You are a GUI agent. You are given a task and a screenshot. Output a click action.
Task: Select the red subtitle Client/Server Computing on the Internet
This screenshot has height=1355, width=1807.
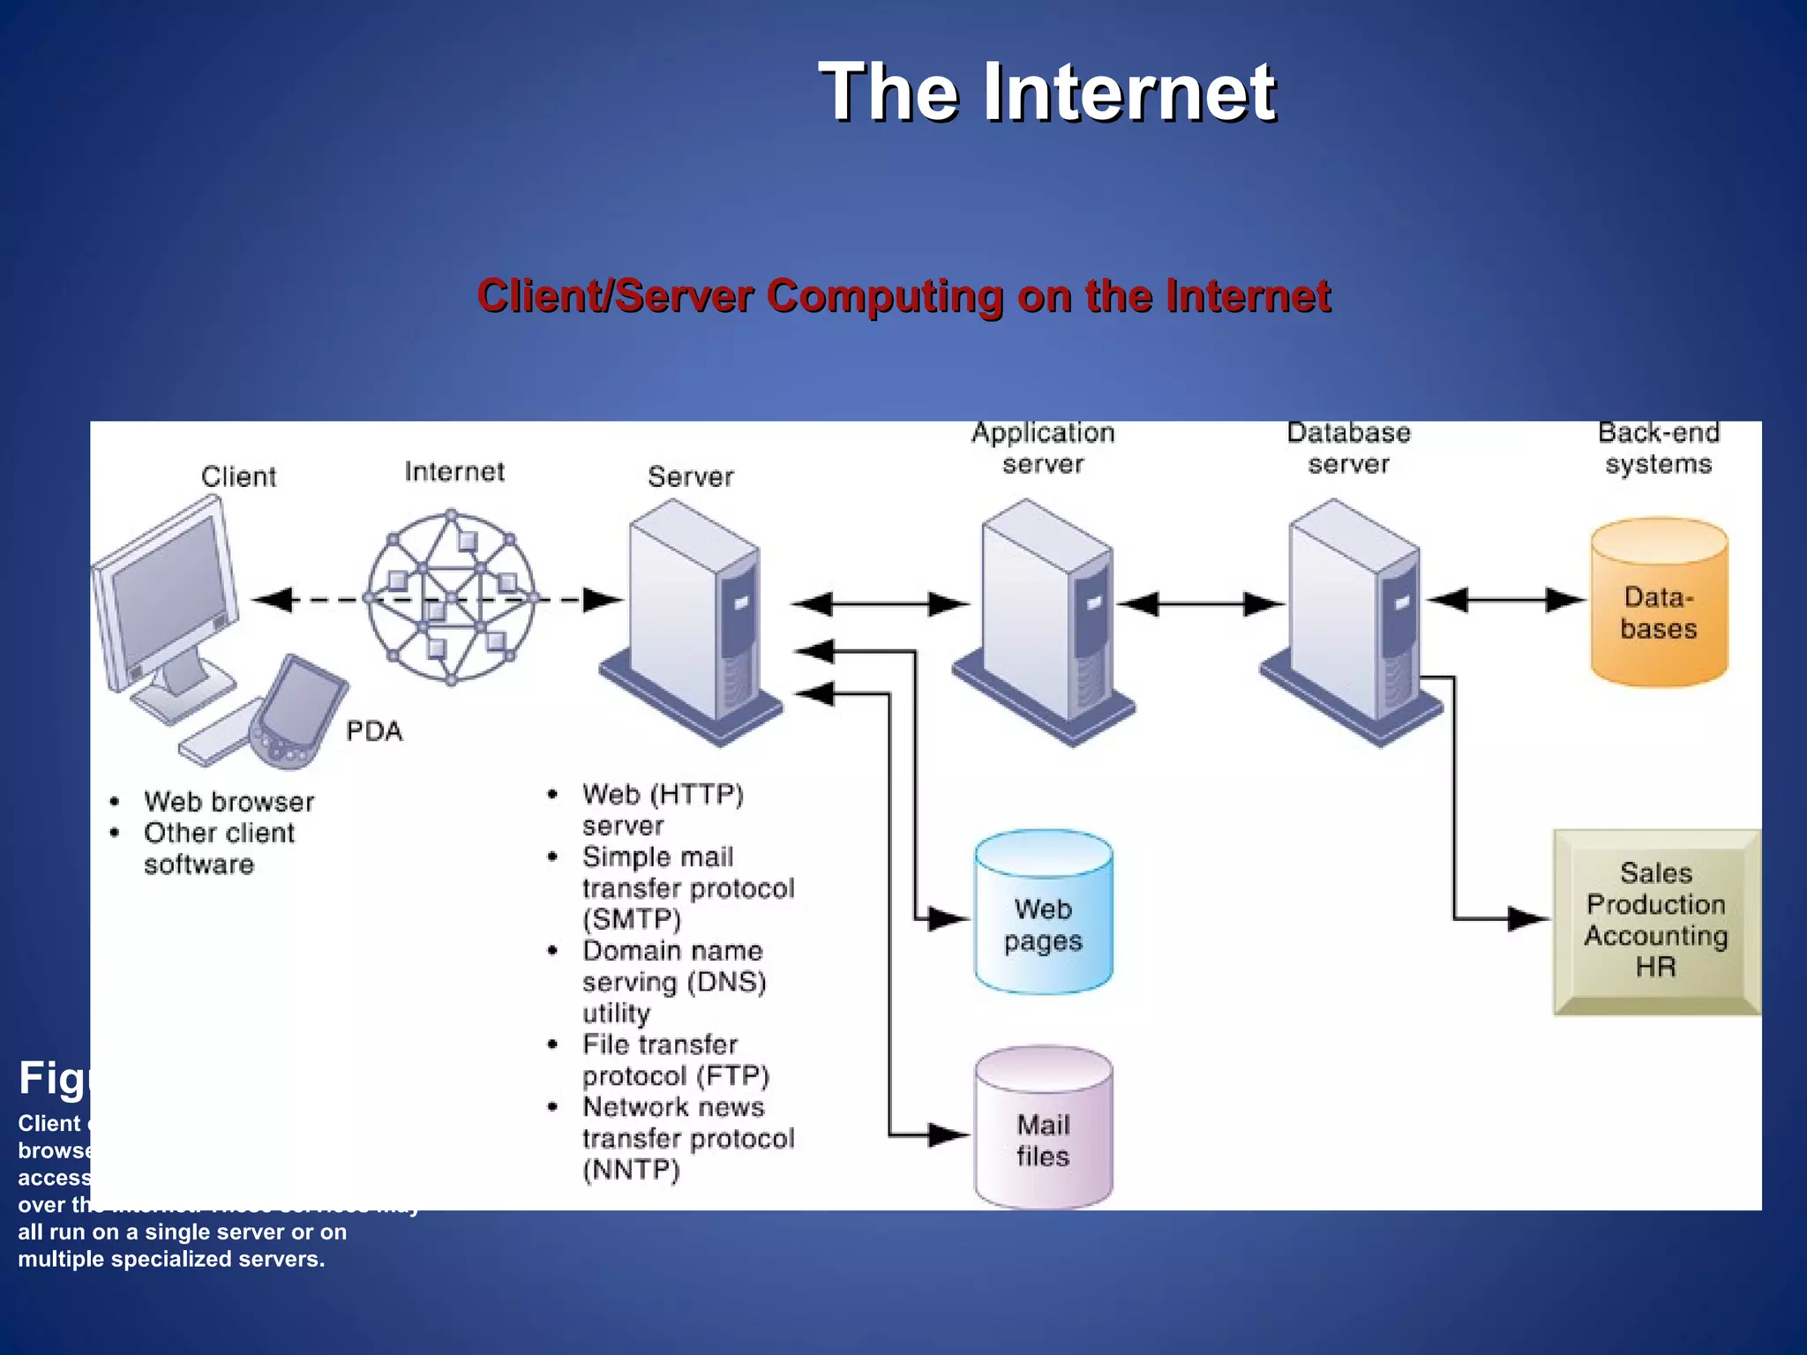903,296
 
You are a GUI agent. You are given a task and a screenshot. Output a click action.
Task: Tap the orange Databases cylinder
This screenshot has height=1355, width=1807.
1658,609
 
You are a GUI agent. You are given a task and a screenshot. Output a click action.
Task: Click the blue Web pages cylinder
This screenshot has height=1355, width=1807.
1043,917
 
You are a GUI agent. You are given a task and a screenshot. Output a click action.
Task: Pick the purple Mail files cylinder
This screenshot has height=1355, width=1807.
1043,1134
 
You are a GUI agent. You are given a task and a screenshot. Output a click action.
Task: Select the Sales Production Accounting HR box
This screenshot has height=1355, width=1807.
1655,920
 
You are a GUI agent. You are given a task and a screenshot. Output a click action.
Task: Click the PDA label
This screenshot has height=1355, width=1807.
374,731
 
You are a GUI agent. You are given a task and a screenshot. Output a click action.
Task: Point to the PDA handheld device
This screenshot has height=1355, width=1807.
300,710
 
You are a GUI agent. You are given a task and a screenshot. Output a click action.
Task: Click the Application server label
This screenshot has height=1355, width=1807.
1043,448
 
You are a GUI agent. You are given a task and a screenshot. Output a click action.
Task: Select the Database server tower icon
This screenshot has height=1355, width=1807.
1350,618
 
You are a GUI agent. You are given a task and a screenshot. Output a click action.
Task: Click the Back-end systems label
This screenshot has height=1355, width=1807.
1658,448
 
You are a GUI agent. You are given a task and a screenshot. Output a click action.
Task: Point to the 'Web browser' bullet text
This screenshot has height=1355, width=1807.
229,802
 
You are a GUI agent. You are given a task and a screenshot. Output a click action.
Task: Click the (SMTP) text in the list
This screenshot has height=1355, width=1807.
632,919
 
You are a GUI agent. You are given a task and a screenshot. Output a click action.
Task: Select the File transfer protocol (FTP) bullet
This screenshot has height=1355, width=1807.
675,1060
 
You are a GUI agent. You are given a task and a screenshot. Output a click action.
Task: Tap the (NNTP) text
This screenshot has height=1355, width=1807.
631,1170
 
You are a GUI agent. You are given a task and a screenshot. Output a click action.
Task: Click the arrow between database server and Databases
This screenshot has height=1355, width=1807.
1505,600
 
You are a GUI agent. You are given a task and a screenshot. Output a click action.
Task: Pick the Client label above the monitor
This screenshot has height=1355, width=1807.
238,477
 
